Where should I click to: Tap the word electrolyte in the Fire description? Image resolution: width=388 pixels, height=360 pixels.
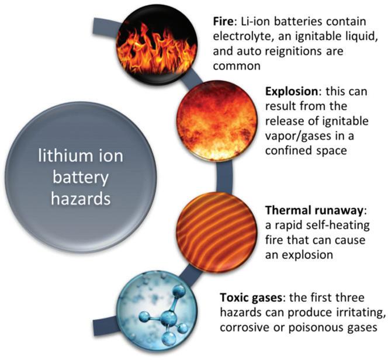[238, 36]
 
